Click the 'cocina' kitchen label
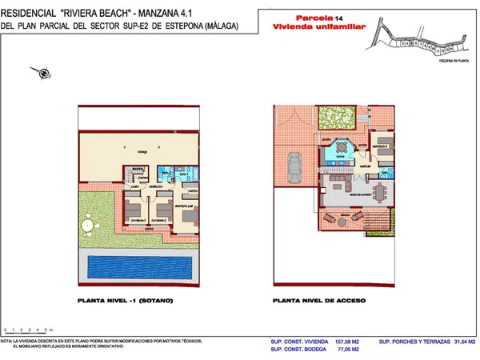point(341,157)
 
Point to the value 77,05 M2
point(346,350)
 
